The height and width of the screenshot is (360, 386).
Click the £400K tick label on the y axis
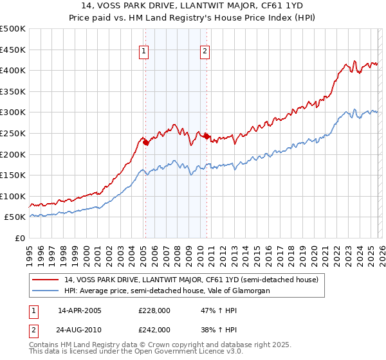[x=13, y=70]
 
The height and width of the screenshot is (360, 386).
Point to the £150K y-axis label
[x=13, y=175]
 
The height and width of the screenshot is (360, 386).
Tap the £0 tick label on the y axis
[x=19, y=238]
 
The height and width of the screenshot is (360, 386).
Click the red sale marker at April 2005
[x=145, y=143]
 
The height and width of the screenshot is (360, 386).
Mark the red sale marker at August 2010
[x=207, y=136]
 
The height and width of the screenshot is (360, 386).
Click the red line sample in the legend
[x=46, y=280]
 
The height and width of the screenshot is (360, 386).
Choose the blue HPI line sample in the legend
[x=46, y=291]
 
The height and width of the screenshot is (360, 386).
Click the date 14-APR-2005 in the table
[x=80, y=310]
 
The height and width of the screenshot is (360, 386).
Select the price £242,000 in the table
[x=154, y=330]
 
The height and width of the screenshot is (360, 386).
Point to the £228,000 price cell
[x=154, y=310]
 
